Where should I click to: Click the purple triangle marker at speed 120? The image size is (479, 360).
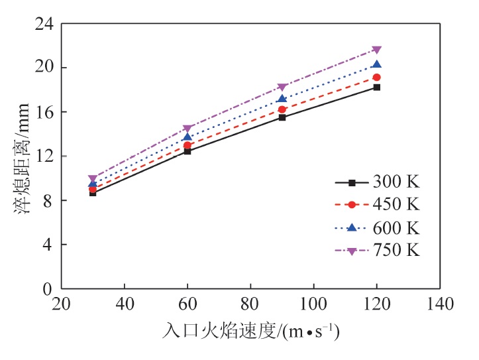[376, 50]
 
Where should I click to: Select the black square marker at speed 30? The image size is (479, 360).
[93, 192]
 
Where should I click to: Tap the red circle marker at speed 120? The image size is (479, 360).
[376, 78]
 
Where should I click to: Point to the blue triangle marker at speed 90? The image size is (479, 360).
[282, 99]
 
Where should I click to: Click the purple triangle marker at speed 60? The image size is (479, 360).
[187, 129]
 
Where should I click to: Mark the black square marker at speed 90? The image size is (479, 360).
[282, 117]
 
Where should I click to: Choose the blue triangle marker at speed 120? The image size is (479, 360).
[376, 64]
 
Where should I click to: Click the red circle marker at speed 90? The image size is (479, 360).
[282, 109]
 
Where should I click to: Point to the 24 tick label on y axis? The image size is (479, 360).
[44, 24]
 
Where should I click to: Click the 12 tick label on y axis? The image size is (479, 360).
[44, 156]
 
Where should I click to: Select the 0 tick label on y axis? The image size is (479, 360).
[48, 289]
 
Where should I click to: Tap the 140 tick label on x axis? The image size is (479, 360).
[439, 305]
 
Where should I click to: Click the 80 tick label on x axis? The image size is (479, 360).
[250, 305]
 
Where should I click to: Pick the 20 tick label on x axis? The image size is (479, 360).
[62, 305]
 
